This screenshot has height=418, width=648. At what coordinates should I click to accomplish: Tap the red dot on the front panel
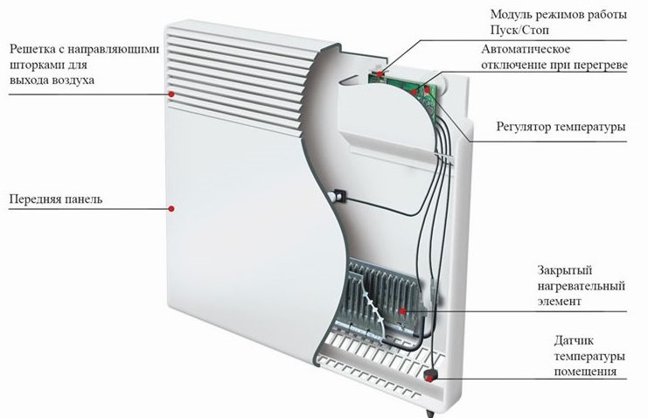click(172, 208)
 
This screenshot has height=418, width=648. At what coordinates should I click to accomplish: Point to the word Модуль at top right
click(509, 15)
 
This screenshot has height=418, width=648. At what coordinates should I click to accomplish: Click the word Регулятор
click(525, 128)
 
